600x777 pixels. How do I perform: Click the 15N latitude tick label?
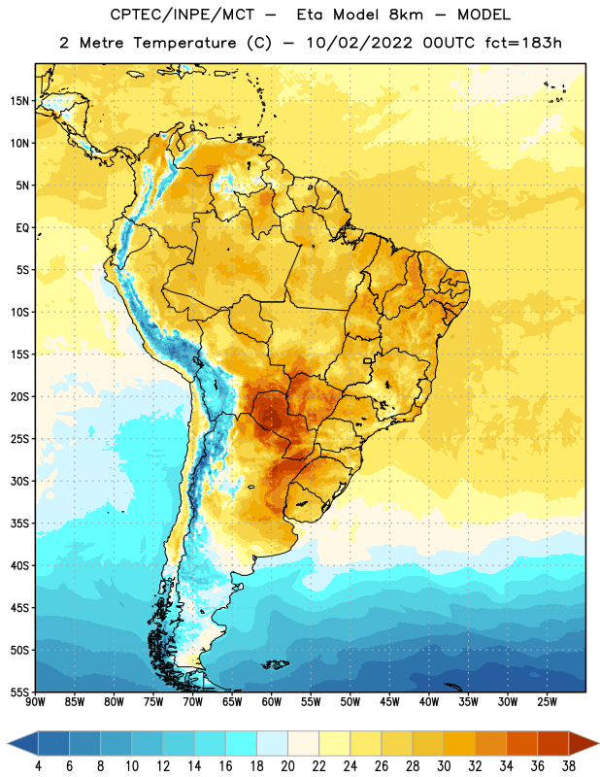[x=19, y=101]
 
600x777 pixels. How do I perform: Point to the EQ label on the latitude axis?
[x=22, y=228]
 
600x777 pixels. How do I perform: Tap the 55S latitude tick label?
[x=19, y=692]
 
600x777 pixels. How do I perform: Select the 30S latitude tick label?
[x=19, y=481]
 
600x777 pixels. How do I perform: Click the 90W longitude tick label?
[x=36, y=702]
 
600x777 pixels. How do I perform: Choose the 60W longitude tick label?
[x=272, y=702]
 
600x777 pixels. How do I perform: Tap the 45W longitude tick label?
[x=390, y=702]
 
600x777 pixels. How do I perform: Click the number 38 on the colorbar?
[x=569, y=766]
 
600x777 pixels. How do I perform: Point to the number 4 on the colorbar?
[x=38, y=766]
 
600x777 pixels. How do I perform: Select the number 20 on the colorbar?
[x=287, y=766]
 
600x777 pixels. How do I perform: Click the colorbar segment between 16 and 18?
[x=242, y=744]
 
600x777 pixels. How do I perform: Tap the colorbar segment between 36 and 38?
[x=553, y=744]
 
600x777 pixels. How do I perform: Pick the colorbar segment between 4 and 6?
[x=53, y=744]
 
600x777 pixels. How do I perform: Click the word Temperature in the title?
[x=184, y=43]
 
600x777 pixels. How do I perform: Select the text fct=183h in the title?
[x=523, y=43]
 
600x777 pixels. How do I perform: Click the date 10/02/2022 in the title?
[x=359, y=43]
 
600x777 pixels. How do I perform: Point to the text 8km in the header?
[x=406, y=15]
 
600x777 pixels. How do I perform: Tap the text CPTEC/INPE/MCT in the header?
[x=182, y=15]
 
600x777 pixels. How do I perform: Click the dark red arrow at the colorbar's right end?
[x=583, y=744]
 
